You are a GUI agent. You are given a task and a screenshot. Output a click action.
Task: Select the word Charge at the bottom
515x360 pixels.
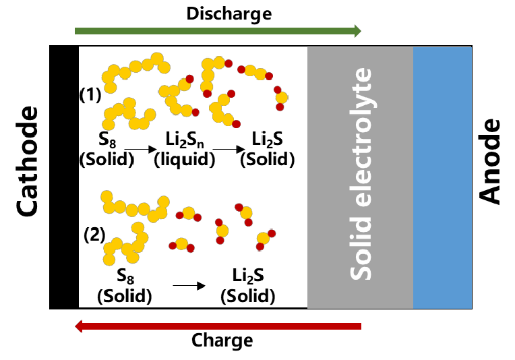point(222,340)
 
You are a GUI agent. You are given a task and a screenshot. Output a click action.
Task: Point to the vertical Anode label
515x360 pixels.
point(490,161)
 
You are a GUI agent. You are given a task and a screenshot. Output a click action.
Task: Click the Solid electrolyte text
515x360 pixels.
point(360,174)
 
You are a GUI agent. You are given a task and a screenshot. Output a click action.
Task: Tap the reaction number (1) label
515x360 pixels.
point(90,94)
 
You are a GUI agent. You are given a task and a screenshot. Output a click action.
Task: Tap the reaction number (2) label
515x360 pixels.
point(95,236)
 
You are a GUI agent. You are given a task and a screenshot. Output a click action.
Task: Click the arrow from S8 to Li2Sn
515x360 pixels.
point(140,148)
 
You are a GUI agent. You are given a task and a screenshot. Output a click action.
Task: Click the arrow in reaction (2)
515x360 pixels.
point(188,286)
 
